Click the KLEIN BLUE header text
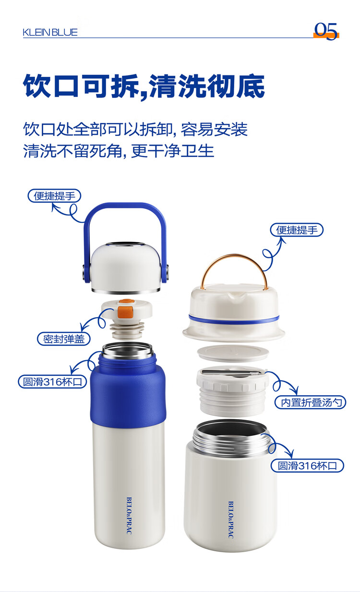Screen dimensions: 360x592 [x=50, y=33]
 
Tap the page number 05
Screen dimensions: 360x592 [x=326, y=31]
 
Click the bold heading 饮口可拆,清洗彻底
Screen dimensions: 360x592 [x=144, y=86]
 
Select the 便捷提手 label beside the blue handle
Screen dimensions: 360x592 [x=54, y=196]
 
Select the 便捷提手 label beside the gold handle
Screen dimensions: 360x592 [x=297, y=230]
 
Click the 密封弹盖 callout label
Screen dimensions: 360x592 [x=64, y=339]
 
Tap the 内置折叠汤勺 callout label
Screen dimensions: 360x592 [x=311, y=402]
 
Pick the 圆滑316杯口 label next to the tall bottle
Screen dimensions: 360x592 [x=52, y=382]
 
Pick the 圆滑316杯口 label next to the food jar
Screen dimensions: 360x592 [x=307, y=465]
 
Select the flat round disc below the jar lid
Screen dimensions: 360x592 [x=233, y=353]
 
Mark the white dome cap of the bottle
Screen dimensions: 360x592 [x=126, y=267]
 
